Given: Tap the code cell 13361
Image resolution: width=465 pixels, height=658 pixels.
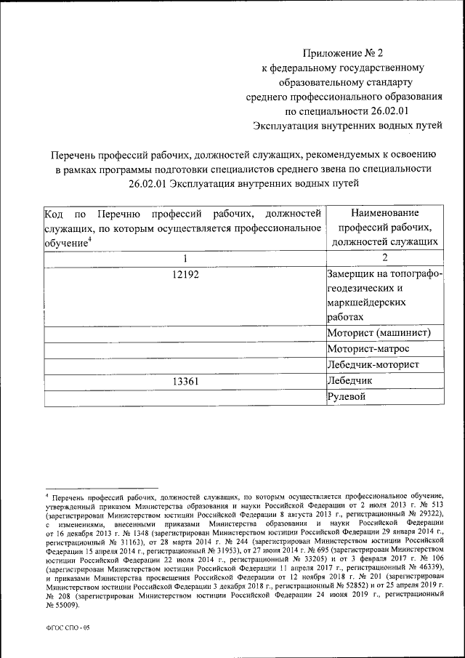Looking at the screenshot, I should [x=185, y=380].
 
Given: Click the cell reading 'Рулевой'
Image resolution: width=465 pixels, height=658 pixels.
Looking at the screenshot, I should [x=347, y=396].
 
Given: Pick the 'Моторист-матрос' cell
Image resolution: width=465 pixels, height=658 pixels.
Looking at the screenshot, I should [x=370, y=349].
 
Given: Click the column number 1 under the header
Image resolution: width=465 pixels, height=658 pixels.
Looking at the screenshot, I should [x=185, y=258].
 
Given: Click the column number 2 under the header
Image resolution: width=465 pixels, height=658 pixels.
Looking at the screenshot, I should [x=384, y=258].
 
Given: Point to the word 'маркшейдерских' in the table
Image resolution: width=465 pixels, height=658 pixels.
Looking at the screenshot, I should [x=366, y=301].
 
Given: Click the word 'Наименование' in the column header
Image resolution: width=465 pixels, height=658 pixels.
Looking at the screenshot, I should [x=384, y=213].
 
